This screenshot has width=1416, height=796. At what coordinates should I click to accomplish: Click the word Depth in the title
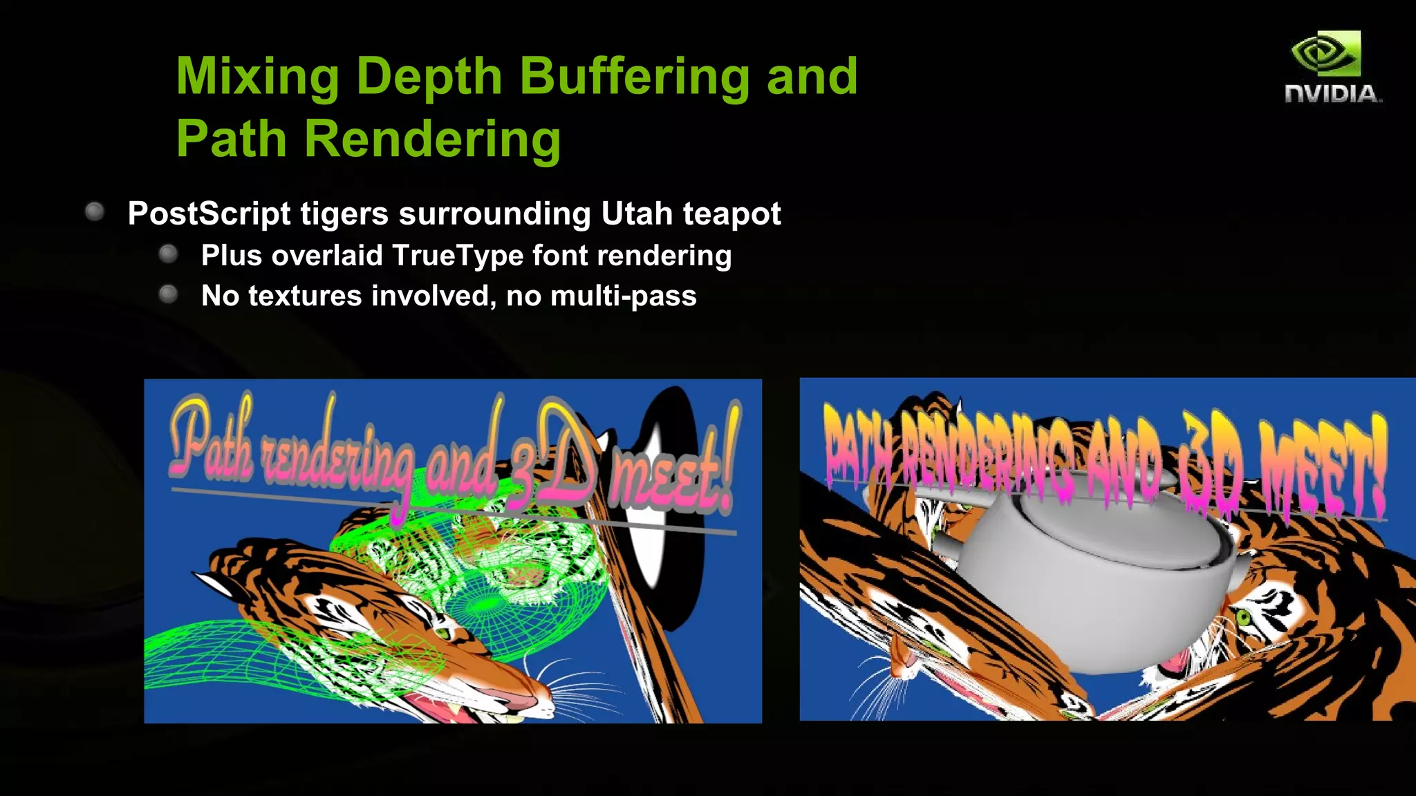pyautogui.click(x=429, y=76)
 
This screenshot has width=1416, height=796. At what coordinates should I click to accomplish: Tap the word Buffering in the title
pyautogui.click(x=634, y=76)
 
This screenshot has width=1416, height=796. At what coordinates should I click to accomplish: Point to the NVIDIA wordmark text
pyautogui.click(x=1332, y=94)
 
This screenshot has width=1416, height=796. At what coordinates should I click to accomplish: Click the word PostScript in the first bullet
pyautogui.click(x=209, y=214)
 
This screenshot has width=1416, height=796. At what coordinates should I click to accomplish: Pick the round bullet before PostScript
pyautogui.click(x=95, y=211)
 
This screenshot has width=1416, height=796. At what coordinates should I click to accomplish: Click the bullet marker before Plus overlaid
pyautogui.click(x=168, y=254)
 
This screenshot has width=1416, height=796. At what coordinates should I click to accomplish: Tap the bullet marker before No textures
pyautogui.click(x=168, y=295)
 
